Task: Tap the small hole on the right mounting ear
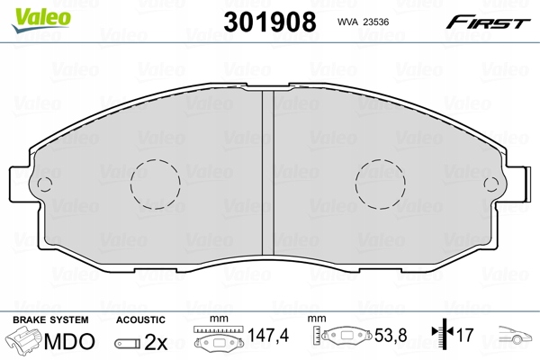[490, 186]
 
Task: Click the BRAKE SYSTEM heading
[49, 319]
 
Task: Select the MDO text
[69, 343]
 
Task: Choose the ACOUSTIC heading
[140, 319]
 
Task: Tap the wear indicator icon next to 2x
[129, 344]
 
